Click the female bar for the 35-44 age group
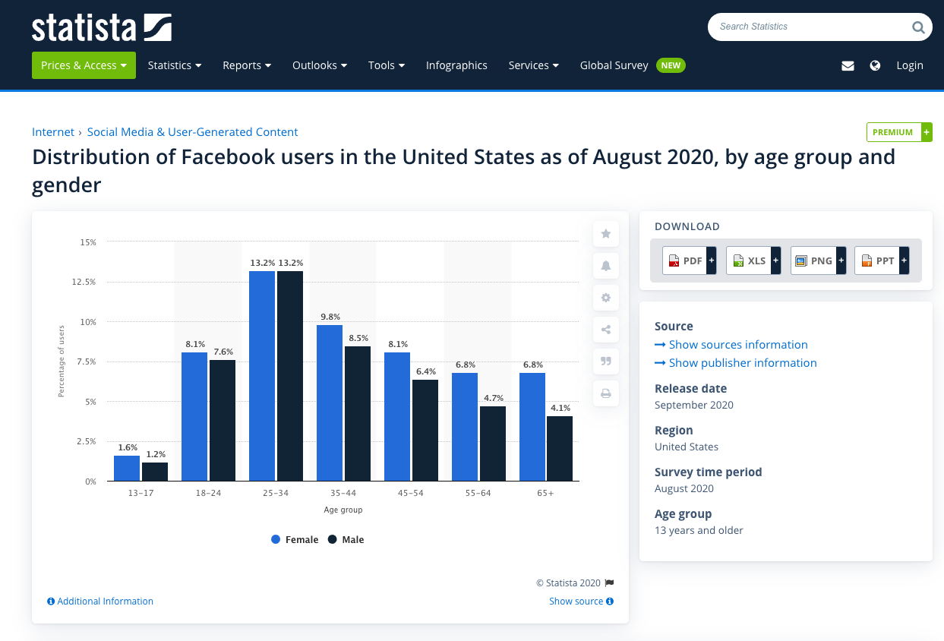click(x=330, y=403)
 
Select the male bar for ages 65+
click(x=560, y=448)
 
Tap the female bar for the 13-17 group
click(x=127, y=468)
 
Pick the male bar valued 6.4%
click(x=425, y=430)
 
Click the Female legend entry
click(x=295, y=540)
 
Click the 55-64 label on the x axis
click(x=478, y=494)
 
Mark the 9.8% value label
click(x=330, y=317)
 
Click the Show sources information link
click(x=737, y=345)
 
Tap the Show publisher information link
click(x=742, y=363)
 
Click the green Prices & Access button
click(x=84, y=65)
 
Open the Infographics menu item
click(x=456, y=65)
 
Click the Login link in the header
click(x=909, y=65)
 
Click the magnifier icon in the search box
click(x=918, y=27)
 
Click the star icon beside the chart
click(x=606, y=234)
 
